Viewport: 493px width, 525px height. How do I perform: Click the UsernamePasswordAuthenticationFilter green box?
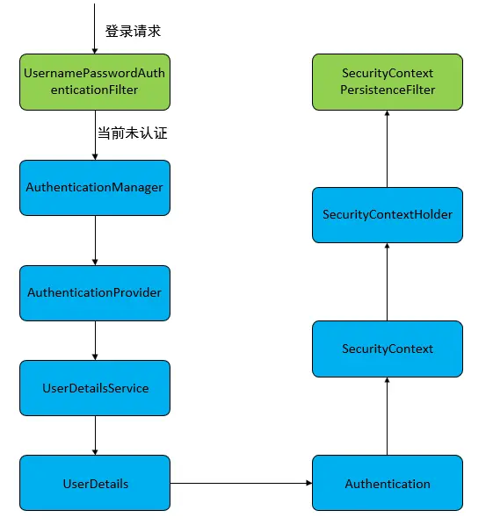coord(94,82)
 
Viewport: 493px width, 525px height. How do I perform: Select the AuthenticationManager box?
coord(94,187)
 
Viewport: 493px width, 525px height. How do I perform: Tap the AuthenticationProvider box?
coord(94,292)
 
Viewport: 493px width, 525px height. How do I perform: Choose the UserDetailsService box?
coord(94,388)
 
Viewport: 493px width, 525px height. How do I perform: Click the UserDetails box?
coord(94,484)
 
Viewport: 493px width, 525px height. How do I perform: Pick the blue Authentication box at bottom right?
coord(387,484)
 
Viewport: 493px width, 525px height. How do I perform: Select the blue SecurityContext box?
coord(387,349)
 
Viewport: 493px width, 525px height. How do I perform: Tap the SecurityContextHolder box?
coord(387,214)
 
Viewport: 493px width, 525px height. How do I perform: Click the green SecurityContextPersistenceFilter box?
coord(387,82)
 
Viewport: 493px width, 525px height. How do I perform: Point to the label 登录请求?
coord(133,31)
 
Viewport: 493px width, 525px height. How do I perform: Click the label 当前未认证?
coord(132,134)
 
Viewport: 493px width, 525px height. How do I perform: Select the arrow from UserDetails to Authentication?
coord(240,484)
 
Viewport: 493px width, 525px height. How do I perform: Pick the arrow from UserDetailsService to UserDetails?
coord(94,435)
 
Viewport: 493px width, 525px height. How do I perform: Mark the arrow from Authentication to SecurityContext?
coord(387,416)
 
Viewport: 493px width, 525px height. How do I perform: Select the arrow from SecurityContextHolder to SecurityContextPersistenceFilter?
coord(387,148)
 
